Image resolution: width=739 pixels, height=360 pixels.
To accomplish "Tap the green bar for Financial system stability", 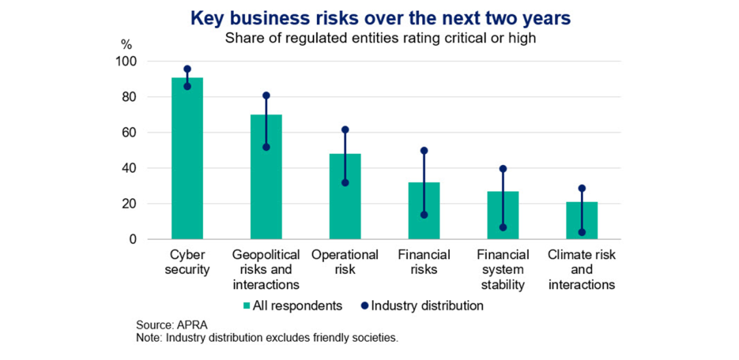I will pyautogui.click(x=502, y=215).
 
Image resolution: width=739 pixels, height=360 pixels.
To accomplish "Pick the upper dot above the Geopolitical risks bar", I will pyautogui.click(x=266, y=95).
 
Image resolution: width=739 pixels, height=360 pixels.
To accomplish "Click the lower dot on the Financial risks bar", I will pyautogui.click(x=424, y=215).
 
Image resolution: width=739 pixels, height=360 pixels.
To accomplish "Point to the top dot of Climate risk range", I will pyautogui.click(x=582, y=188).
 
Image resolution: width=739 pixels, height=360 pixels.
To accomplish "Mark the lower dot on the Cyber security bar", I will pyautogui.click(x=187, y=87).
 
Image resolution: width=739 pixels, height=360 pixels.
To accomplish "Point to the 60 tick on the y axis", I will pyautogui.click(x=131, y=133).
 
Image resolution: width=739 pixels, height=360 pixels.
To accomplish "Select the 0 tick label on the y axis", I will pyautogui.click(x=134, y=239).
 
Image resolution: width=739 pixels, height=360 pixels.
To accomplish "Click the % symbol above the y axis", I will pyautogui.click(x=126, y=45).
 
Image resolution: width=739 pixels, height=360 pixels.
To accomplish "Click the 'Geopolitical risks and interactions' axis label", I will pyautogui.click(x=266, y=269).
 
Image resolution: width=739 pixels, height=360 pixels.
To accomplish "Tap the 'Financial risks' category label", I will pyautogui.click(x=424, y=262).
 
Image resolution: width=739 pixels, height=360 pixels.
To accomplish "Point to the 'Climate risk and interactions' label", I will pyautogui.click(x=582, y=269).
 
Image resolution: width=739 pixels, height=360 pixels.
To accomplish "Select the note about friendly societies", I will pyautogui.click(x=267, y=337).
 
